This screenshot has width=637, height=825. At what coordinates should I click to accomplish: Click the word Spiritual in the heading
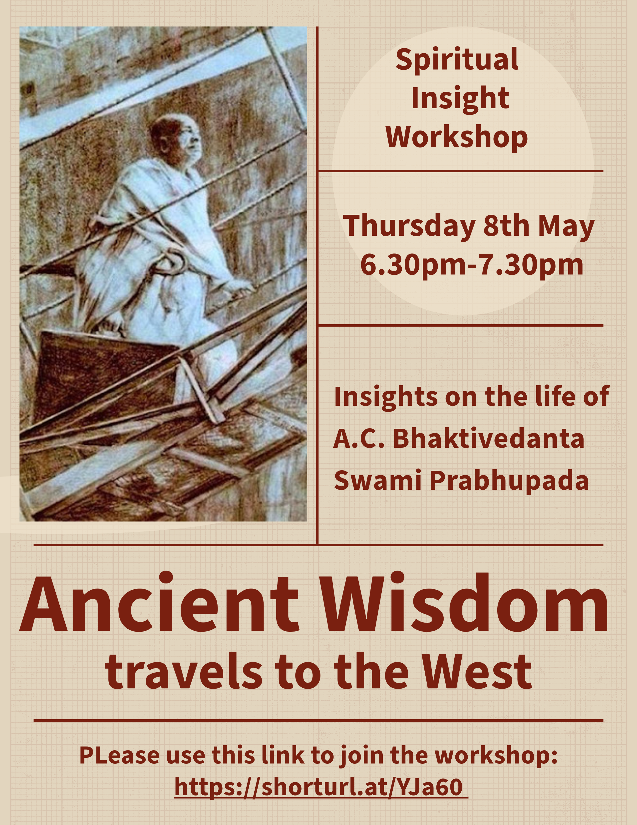pos(457,60)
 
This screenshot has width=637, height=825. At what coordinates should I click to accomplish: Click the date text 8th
pos(506,226)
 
